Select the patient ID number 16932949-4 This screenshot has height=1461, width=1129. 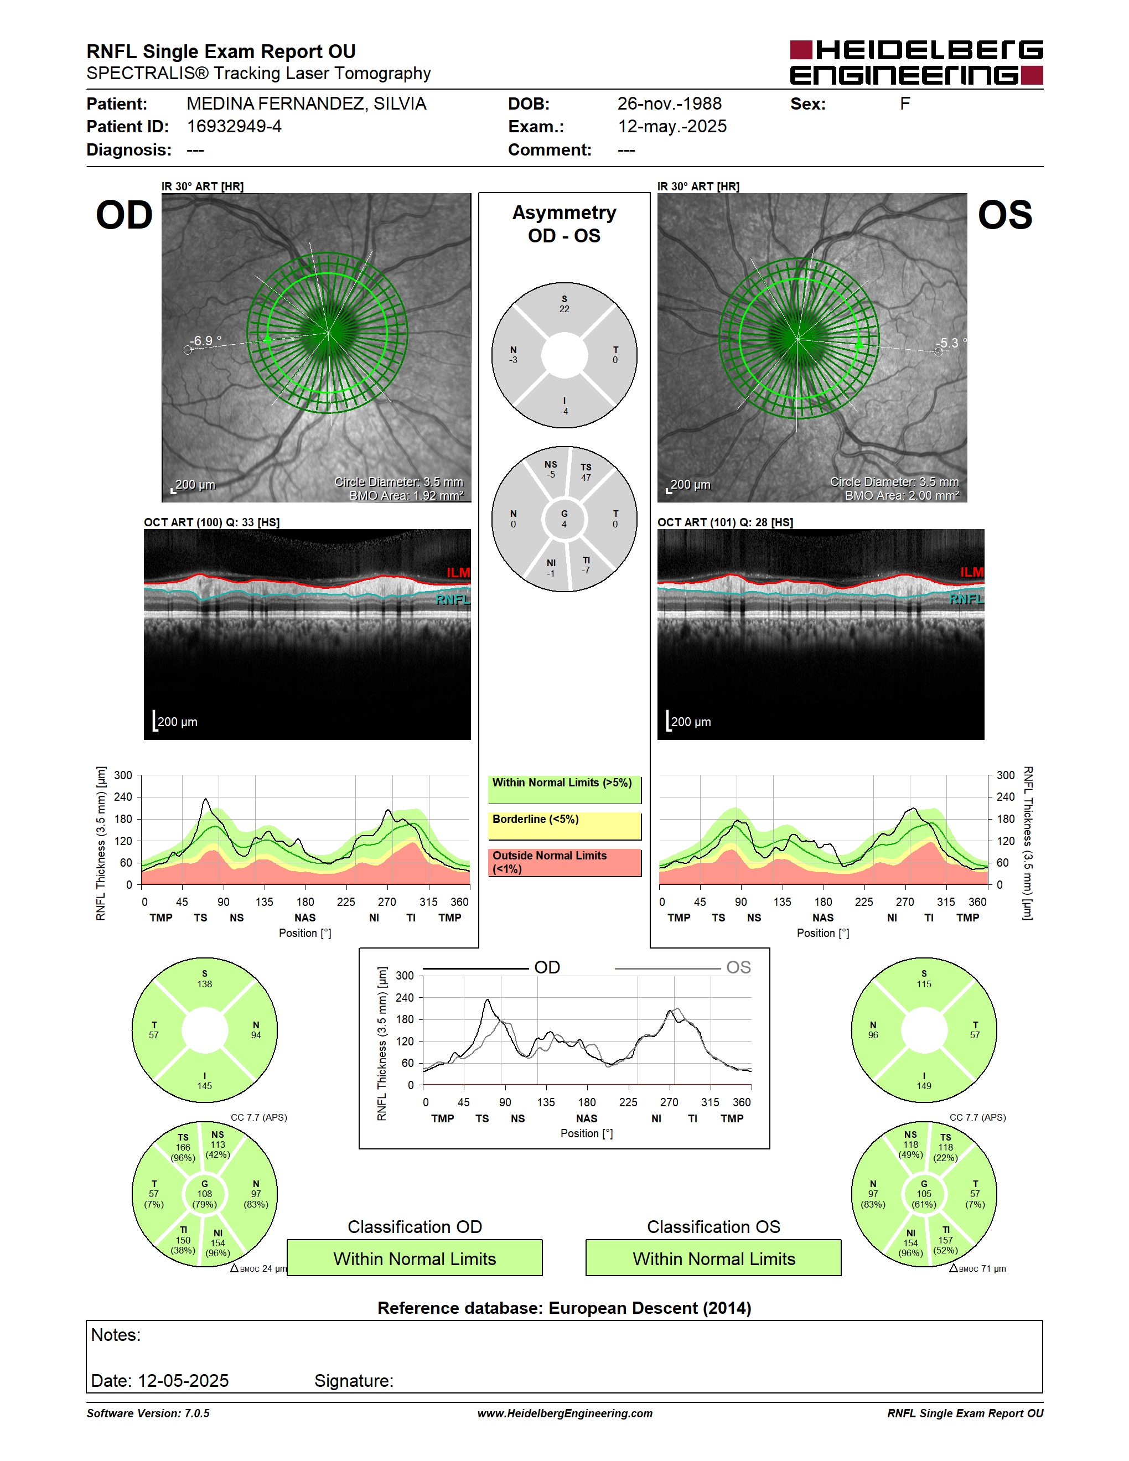pos(234,126)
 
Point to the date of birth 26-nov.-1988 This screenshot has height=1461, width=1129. pos(669,103)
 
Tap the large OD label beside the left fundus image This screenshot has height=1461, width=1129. pos(125,215)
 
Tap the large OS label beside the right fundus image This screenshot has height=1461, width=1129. pos(1004,215)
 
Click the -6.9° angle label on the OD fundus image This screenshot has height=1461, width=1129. pos(205,340)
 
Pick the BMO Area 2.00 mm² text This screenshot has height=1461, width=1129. pos(902,495)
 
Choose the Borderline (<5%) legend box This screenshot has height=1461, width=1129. pos(564,826)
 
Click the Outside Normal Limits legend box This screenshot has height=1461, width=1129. pos(564,862)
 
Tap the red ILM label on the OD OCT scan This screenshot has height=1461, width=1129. pos(458,573)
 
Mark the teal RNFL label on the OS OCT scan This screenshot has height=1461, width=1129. pos(966,599)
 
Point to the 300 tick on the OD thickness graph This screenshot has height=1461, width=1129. pos(123,775)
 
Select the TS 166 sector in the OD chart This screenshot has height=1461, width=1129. pos(183,1147)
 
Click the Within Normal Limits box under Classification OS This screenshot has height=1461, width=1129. pos(714,1258)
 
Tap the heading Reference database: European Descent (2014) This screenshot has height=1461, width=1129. pos(564,1308)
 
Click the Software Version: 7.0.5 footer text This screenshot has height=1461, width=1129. pos(148,1413)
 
